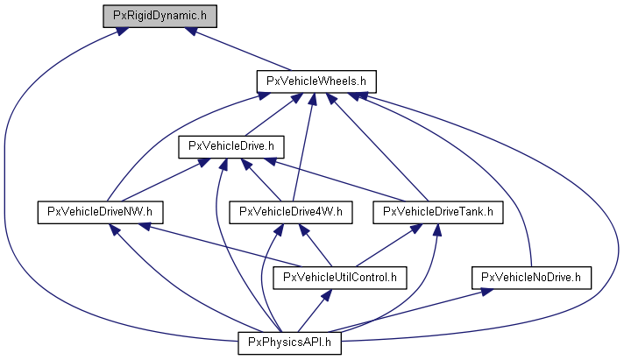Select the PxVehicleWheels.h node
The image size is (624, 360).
[316, 81]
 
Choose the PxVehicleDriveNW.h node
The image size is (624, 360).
[101, 212]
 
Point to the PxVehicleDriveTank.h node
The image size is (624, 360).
[439, 212]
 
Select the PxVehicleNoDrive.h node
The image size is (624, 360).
[532, 278]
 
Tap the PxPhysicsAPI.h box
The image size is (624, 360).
[289, 343]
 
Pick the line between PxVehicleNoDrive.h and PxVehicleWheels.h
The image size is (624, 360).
[491, 166]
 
